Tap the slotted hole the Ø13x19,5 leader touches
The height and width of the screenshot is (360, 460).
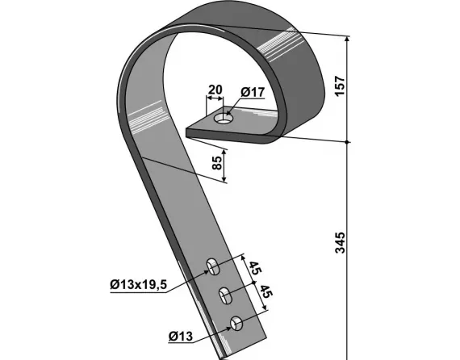point(214,265)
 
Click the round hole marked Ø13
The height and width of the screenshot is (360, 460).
point(236,324)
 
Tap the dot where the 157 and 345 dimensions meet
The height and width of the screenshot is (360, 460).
point(347,141)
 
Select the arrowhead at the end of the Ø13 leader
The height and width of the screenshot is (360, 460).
point(231,326)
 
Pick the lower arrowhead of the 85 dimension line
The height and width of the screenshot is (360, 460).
point(225,181)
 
